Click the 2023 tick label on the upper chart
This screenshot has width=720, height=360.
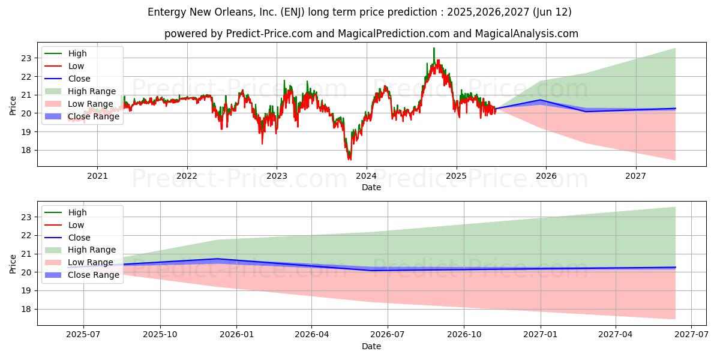(277, 176)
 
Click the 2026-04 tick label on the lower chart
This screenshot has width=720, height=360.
(311, 335)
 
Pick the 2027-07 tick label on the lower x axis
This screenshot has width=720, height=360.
(692, 335)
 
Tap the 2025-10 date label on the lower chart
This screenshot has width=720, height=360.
(160, 335)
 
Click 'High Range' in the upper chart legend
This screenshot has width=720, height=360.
(92, 91)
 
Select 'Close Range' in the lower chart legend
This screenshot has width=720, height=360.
(94, 275)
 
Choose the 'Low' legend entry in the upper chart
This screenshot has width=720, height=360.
(76, 66)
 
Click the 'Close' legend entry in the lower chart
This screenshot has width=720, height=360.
(79, 238)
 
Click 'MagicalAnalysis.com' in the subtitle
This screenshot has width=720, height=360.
(526, 34)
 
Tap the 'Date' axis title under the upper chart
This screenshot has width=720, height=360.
(371, 187)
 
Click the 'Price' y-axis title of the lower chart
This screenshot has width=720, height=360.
(13, 263)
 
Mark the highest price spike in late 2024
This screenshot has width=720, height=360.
(434, 48)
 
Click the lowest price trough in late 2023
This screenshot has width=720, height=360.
(350, 158)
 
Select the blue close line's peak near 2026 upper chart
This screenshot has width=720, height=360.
(541, 100)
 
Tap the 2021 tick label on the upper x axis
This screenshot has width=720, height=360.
(97, 176)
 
